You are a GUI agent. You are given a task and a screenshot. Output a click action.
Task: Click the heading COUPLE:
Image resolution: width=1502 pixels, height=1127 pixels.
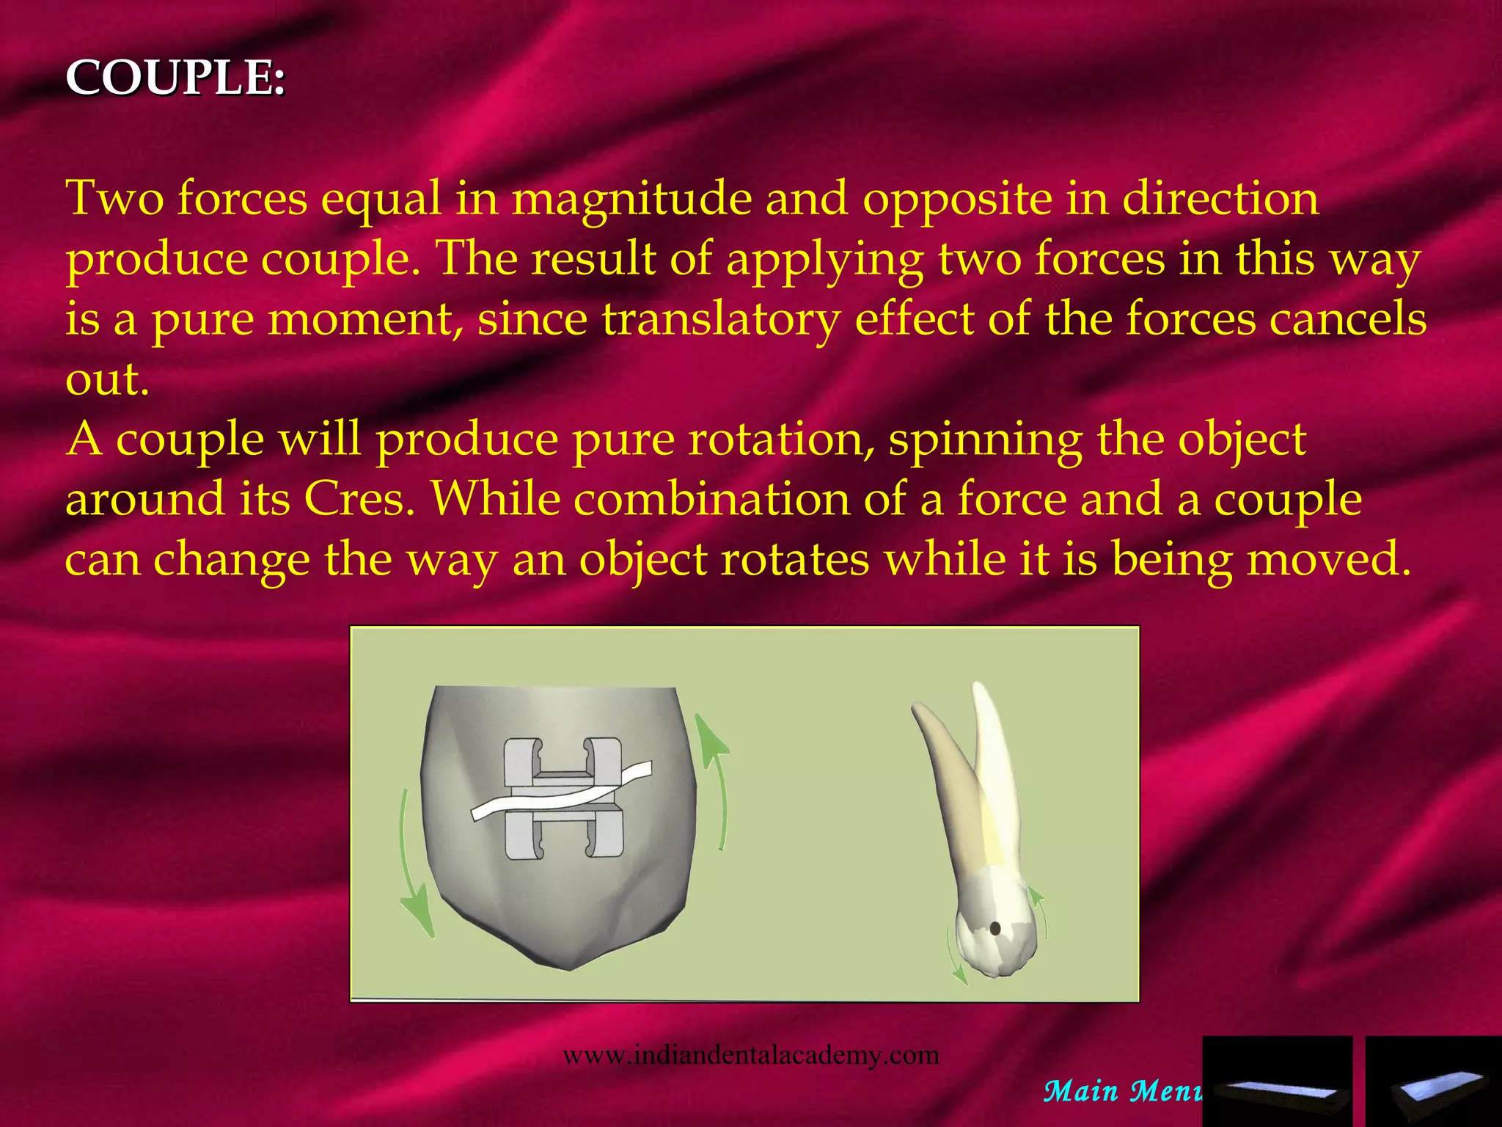(x=175, y=77)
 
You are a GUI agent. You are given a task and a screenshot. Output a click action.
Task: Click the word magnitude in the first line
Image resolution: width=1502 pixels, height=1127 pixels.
(x=631, y=199)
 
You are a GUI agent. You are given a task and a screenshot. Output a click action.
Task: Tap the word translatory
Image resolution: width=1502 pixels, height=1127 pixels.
(x=721, y=319)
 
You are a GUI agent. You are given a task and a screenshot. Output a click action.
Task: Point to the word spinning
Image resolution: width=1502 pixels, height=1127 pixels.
(x=985, y=440)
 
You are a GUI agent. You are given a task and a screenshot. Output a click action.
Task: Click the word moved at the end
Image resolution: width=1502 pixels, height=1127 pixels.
(x=1328, y=560)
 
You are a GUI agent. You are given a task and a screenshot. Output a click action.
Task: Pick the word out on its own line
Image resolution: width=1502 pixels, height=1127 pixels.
(x=107, y=379)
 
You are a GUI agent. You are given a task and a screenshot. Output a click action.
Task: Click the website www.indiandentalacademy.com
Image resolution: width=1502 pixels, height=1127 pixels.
(x=750, y=1055)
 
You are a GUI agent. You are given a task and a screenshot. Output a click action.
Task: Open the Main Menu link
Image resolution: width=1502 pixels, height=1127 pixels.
(x=1122, y=1091)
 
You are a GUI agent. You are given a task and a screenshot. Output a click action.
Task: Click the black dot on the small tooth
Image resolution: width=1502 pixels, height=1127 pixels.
(x=995, y=928)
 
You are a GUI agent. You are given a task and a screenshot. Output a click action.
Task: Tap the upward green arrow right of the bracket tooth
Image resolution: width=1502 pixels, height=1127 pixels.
(x=716, y=778)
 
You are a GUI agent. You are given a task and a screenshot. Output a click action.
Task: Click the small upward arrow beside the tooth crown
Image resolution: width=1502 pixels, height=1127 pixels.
(x=1039, y=910)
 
